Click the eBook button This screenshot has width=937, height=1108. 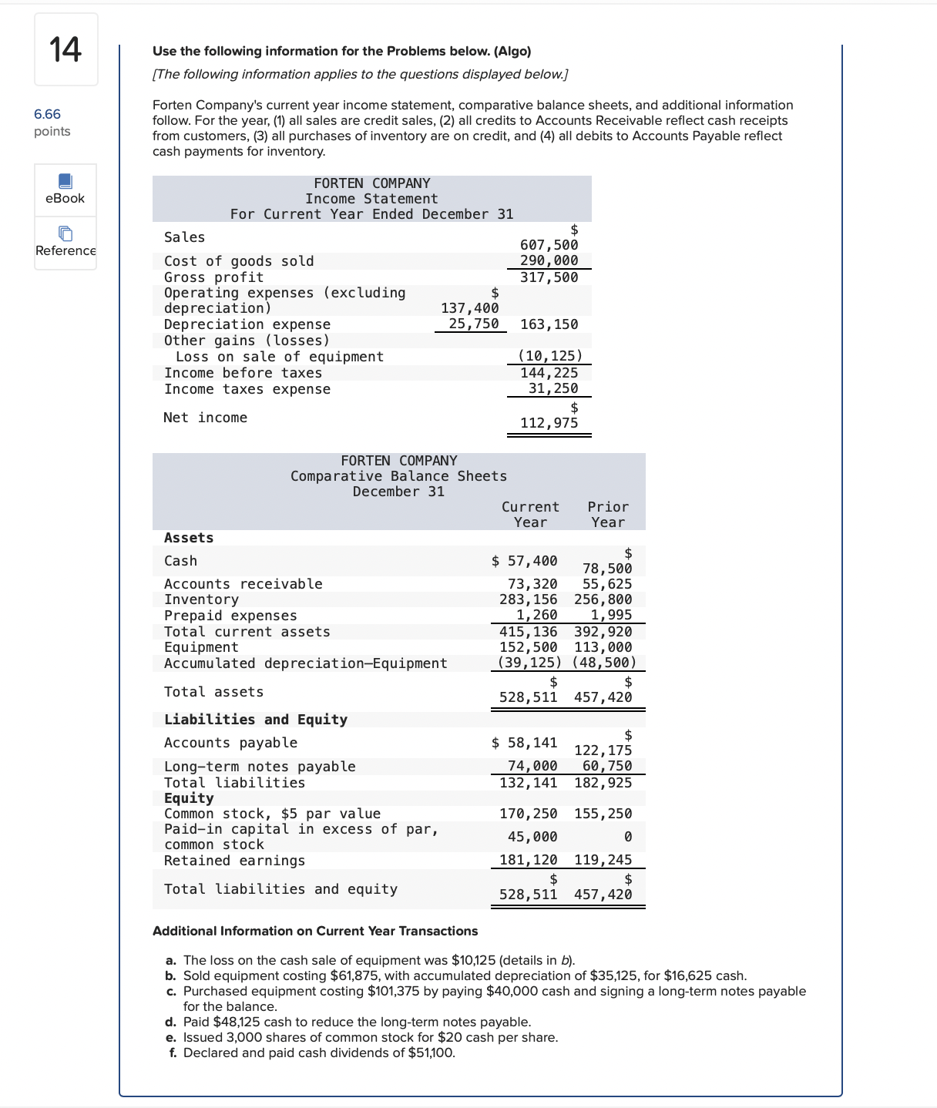click(x=65, y=190)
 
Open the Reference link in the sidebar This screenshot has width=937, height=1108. click(x=65, y=243)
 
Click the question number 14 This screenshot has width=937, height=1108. click(x=65, y=49)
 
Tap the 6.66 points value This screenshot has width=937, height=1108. click(x=47, y=114)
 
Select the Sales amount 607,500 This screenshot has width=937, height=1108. click(x=549, y=245)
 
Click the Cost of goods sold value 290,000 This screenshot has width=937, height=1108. click(x=549, y=260)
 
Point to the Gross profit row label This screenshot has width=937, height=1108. click(x=213, y=277)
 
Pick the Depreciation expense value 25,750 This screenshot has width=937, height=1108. click(x=473, y=324)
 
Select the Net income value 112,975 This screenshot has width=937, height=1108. click(x=549, y=423)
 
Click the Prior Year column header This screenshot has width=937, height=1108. click(x=608, y=514)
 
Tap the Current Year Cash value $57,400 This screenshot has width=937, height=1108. click(x=525, y=561)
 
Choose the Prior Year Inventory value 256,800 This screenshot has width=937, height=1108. click(x=603, y=599)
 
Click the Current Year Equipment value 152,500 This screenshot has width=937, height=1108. click(x=528, y=647)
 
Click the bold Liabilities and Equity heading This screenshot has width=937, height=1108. click(x=255, y=720)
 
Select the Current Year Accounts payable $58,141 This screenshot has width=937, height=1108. click(x=525, y=743)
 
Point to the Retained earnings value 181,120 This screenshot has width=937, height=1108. click(x=528, y=860)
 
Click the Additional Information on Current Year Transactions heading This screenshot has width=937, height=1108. click(x=314, y=931)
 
